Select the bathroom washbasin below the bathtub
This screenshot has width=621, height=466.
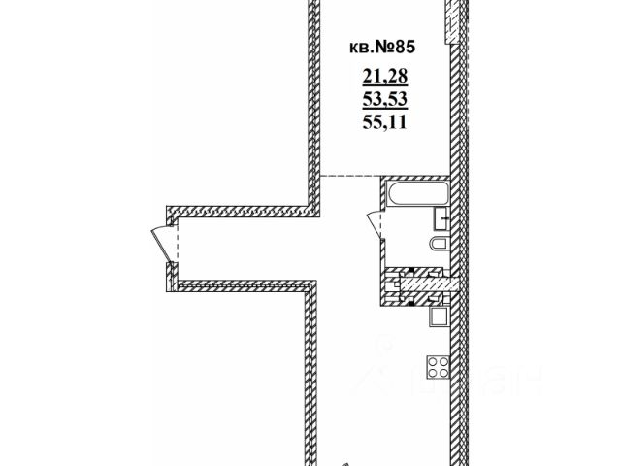click(x=441, y=217)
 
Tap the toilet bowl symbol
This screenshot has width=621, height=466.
click(x=439, y=244)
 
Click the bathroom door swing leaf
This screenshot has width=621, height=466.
click(x=375, y=223)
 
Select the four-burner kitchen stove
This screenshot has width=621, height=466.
click(x=438, y=368)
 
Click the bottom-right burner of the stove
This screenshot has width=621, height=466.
click(x=443, y=375)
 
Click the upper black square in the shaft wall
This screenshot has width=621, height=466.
click(x=411, y=269)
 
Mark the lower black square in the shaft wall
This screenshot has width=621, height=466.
click(x=411, y=300)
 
